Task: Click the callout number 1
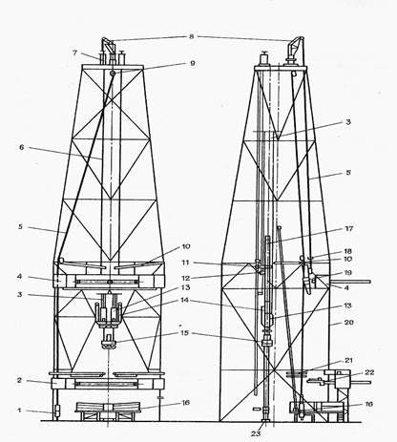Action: click(x=19, y=410)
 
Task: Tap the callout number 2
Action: click(x=19, y=380)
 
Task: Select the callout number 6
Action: click(x=22, y=147)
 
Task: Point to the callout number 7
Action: click(x=74, y=53)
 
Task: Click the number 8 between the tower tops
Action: click(x=191, y=36)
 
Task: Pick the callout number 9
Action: click(x=193, y=63)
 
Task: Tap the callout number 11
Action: click(x=185, y=263)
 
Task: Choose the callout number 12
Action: click(x=185, y=278)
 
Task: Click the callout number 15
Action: click(x=185, y=333)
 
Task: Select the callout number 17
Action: click(x=349, y=228)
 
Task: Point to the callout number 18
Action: click(x=348, y=251)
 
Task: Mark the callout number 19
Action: click(x=348, y=273)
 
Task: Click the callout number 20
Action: click(x=349, y=323)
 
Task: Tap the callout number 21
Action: click(x=349, y=360)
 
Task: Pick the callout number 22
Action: click(x=369, y=372)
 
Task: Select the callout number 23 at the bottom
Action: click(x=256, y=433)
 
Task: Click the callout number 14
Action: click(x=185, y=300)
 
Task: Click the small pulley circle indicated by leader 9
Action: click(x=113, y=74)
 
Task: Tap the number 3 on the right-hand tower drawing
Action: click(x=348, y=122)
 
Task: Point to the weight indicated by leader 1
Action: click(x=57, y=410)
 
